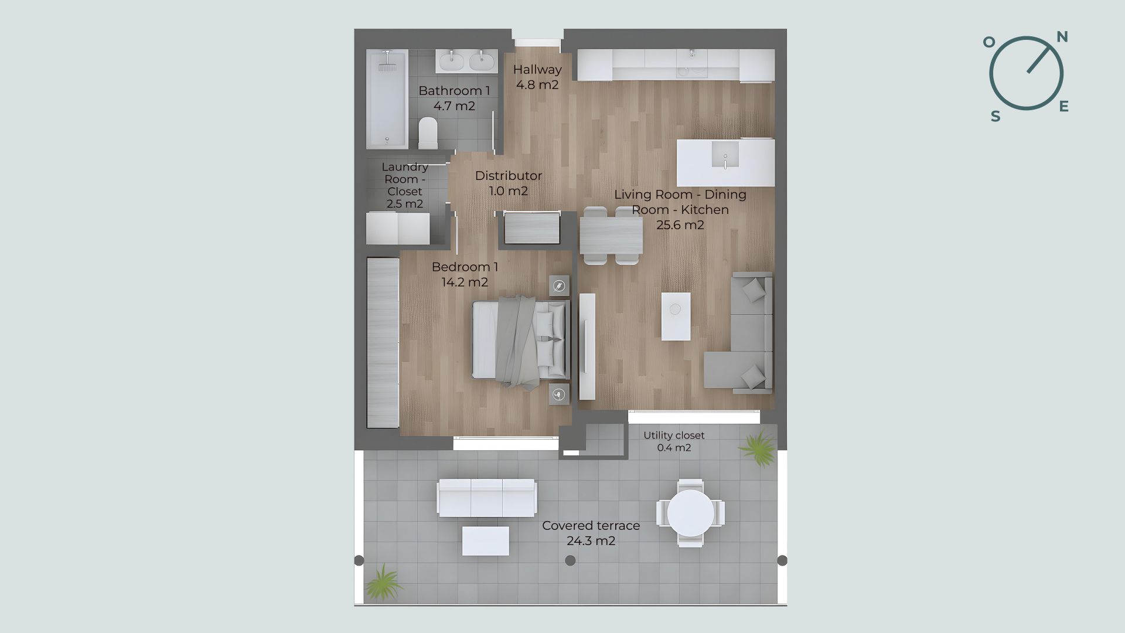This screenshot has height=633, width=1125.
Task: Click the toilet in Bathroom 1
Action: (x=428, y=132)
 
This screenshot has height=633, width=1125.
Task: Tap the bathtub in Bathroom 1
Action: (x=387, y=98)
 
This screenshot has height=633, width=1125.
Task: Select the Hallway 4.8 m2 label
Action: (x=537, y=77)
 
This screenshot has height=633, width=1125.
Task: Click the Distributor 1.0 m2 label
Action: (x=508, y=183)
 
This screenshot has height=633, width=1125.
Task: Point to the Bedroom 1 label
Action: (x=465, y=267)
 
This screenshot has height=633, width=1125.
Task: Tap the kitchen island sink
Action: (x=725, y=155)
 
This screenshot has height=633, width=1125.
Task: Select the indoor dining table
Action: (x=611, y=236)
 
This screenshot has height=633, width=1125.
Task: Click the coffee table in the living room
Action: (x=676, y=316)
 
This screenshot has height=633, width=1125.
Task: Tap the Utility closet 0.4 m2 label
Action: (x=674, y=441)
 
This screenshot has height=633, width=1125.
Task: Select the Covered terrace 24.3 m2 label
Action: (x=591, y=533)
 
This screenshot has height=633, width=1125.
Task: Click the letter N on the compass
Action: (x=1062, y=38)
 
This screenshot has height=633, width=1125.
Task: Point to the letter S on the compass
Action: (x=996, y=117)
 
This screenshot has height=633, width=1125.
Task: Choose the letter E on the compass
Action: (x=1064, y=106)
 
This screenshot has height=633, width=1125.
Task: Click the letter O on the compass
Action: (x=989, y=42)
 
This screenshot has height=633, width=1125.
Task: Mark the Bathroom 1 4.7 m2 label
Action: (x=454, y=98)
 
